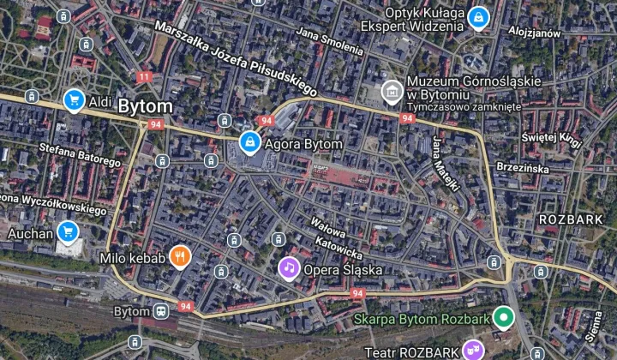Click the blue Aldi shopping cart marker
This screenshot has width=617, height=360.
click(74, 101)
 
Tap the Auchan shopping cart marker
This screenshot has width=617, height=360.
click(69, 231)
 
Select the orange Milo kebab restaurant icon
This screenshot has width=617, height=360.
click(179, 256)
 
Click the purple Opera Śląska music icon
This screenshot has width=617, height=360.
click(290, 268)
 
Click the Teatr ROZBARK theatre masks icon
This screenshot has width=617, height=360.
click(470, 349)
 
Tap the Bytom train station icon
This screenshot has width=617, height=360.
click(160, 310)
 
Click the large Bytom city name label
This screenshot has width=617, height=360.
click(145, 107)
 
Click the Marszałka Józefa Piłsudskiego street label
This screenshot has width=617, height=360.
click(236, 57)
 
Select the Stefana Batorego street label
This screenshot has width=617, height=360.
click(81, 154)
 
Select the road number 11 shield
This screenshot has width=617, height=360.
click(144, 77)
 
